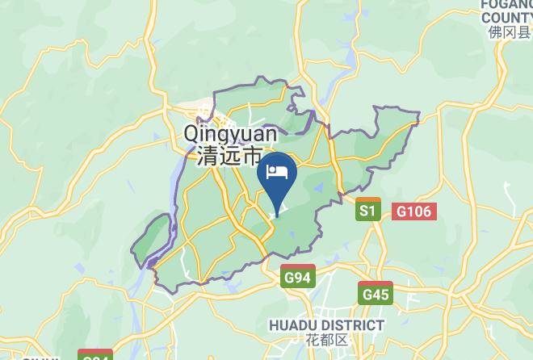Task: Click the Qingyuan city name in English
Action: click(x=229, y=133)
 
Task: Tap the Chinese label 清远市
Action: click(x=229, y=156)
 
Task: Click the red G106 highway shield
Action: click(x=415, y=211)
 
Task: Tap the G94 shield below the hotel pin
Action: click(x=297, y=278)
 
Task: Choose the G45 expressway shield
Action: click(x=376, y=295)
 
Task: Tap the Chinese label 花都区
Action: click(x=327, y=340)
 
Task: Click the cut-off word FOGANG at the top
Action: click(x=506, y=3)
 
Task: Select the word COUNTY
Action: click(x=507, y=17)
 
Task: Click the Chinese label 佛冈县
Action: click(x=509, y=32)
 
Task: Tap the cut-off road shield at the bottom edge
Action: click(x=95, y=355)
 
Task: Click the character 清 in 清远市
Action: click(x=207, y=156)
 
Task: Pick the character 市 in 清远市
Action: click(x=252, y=156)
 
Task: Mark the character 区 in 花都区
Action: click(x=342, y=340)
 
